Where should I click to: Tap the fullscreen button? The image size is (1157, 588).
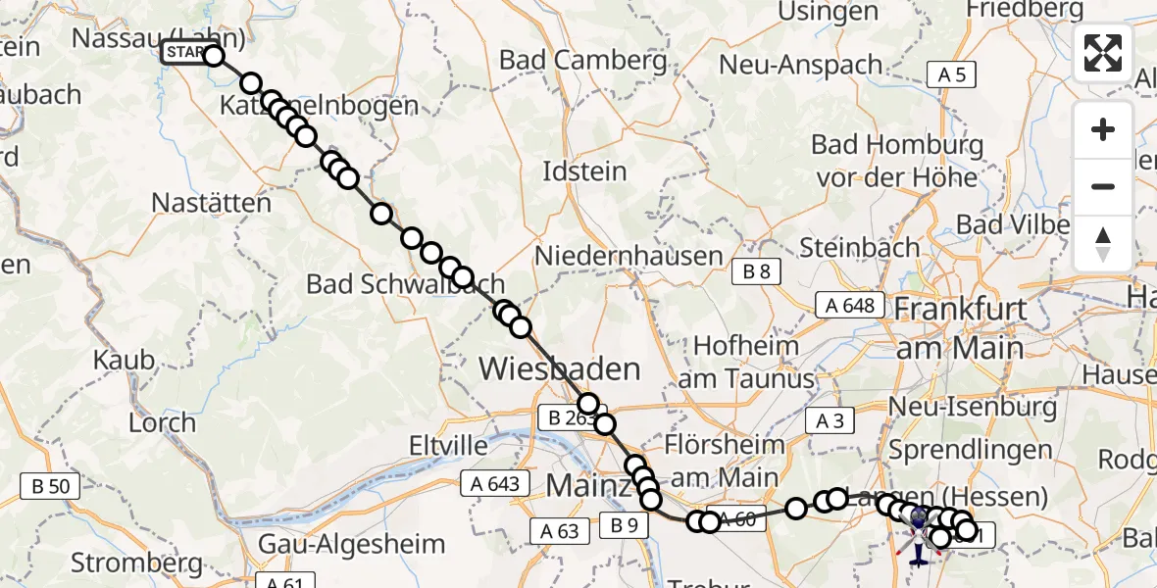(x=1103, y=53)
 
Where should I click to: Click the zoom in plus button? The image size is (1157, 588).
(x=1103, y=129)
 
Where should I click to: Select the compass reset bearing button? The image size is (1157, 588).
(x=1103, y=244)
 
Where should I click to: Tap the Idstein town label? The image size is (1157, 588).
(x=584, y=171)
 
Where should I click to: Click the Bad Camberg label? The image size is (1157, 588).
(x=582, y=60)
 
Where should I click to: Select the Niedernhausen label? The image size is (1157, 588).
(x=629, y=257)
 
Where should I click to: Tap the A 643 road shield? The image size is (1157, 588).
(x=494, y=483)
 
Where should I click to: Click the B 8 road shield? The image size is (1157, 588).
(x=756, y=272)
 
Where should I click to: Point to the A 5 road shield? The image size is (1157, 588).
(x=951, y=73)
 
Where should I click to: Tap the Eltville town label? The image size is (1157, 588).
(x=448, y=447)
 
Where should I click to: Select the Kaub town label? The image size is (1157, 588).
(x=124, y=360)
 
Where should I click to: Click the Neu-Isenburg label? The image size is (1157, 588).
(x=973, y=406)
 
